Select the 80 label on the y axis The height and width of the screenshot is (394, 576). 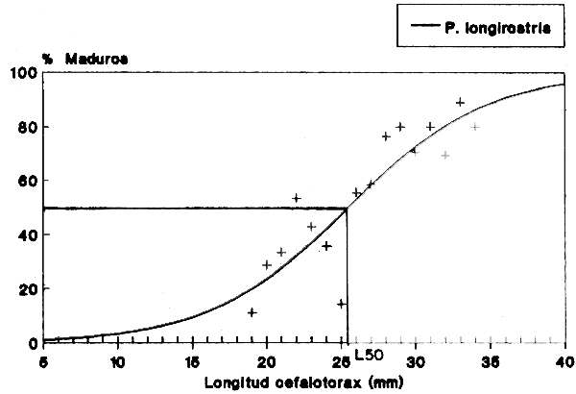[28, 127]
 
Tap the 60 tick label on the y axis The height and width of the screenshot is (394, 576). [28, 181]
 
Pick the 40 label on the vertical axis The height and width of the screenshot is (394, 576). [28, 234]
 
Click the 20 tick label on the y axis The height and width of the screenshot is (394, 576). [28, 288]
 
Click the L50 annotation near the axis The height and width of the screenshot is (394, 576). [370, 355]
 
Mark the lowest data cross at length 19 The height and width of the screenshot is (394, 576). [252, 312]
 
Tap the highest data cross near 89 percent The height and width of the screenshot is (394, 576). [461, 102]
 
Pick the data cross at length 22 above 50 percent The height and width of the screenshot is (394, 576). [297, 198]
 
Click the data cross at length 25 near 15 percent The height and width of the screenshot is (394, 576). [342, 304]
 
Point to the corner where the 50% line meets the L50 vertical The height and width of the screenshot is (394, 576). [347, 208]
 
